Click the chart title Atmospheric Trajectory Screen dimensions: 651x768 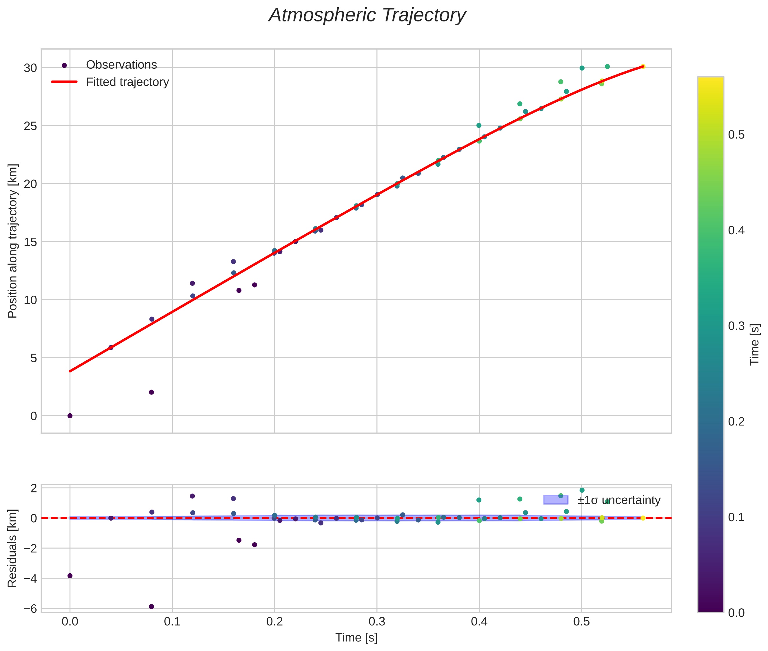click(x=367, y=15)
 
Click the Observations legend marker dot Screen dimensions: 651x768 click(x=64, y=65)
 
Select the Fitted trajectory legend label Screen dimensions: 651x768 click(x=127, y=82)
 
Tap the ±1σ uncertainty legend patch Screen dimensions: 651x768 click(x=556, y=500)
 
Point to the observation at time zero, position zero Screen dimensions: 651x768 click(x=70, y=416)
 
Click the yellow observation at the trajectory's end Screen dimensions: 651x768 click(x=643, y=66)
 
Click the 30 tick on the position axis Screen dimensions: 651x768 click(x=31, y=68)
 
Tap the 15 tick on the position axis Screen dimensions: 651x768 click(x=31, y=242)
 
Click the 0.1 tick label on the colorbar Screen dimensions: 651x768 click(x=736, y=517)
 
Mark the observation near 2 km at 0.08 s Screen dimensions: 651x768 click(x=151, y=392)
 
